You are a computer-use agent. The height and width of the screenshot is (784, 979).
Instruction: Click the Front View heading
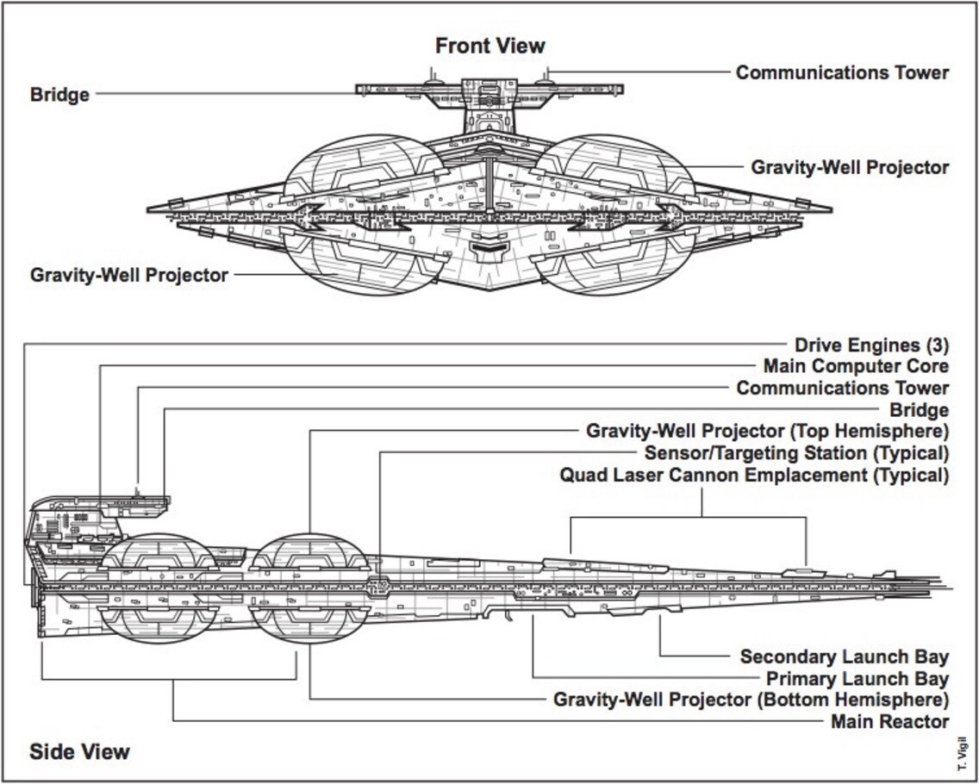(489, 45)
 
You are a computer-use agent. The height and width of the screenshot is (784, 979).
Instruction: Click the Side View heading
(79, 751)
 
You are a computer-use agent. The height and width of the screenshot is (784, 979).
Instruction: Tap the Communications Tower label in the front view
(841, 72)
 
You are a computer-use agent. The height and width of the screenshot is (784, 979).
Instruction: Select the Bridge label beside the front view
(59, 94)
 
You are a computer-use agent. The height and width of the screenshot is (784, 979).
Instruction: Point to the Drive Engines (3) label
(871, 345)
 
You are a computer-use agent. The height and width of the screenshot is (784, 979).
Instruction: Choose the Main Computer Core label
(856, 367)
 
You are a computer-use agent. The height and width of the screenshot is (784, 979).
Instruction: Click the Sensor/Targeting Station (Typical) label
(796, 452)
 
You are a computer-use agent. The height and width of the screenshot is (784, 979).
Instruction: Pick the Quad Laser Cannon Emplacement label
(754, 475)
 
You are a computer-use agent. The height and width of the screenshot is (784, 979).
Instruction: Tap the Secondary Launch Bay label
(844, 657)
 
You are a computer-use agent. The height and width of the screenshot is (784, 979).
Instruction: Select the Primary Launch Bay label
(857, 679)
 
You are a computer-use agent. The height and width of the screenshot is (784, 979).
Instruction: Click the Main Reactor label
(889, 721)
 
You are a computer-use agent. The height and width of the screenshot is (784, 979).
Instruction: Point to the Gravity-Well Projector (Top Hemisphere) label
(767, 431)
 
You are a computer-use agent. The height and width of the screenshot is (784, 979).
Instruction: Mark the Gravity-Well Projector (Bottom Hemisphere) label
(751, 700)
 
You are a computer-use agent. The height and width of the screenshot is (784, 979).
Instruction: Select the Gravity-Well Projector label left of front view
(129, 276)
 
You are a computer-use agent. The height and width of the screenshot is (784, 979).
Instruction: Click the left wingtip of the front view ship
(150, 208)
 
